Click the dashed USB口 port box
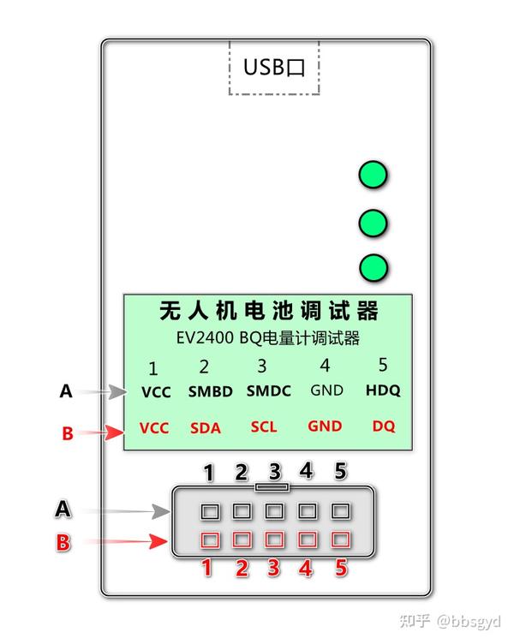(273, 67)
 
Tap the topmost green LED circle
(373, 175)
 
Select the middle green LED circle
(373, 224)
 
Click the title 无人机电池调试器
(269, 310)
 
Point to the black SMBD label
(210, 392)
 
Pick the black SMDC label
(268, 391)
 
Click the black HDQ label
(382, 391)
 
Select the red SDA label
(206, 427)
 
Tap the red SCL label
(264, 426)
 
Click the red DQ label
(384, 426)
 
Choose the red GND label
(325, 426)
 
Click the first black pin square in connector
(210, 512)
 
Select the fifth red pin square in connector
(341, 540)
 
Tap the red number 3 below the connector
(274, 568)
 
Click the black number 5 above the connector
(340, 470)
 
